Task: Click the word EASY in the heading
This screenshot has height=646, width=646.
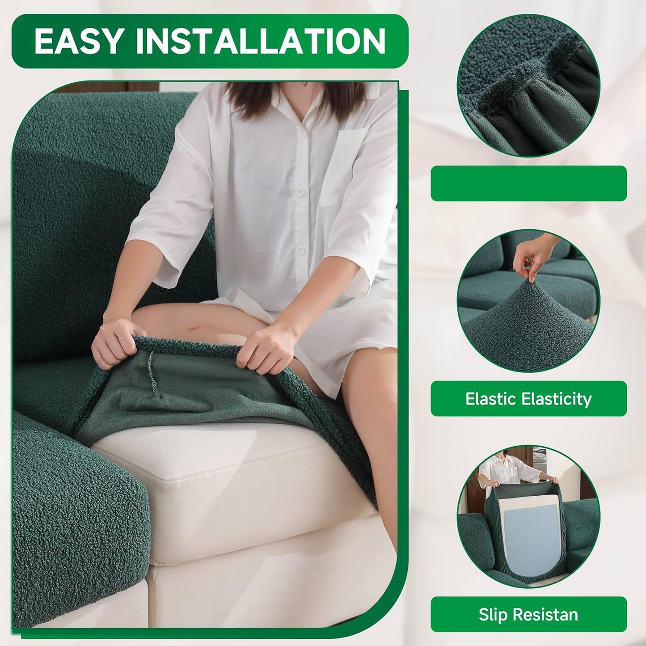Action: (78, 41)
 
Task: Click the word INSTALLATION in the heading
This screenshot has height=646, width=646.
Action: (260, 41)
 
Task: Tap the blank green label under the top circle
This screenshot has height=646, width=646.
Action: (528, 183)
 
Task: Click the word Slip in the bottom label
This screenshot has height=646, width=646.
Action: (494, 614)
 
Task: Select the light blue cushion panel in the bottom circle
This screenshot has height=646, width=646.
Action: (528, 536)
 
